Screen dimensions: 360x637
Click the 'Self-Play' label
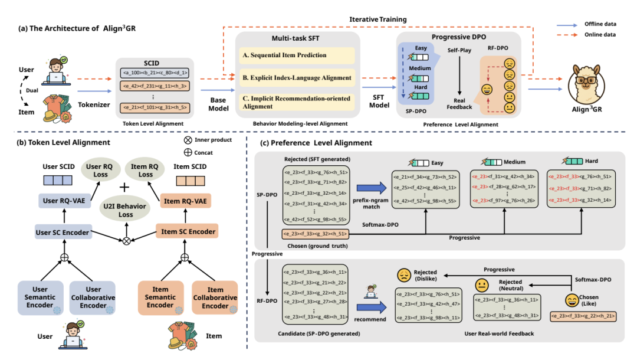pyautogui.click(x=460, y=51)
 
